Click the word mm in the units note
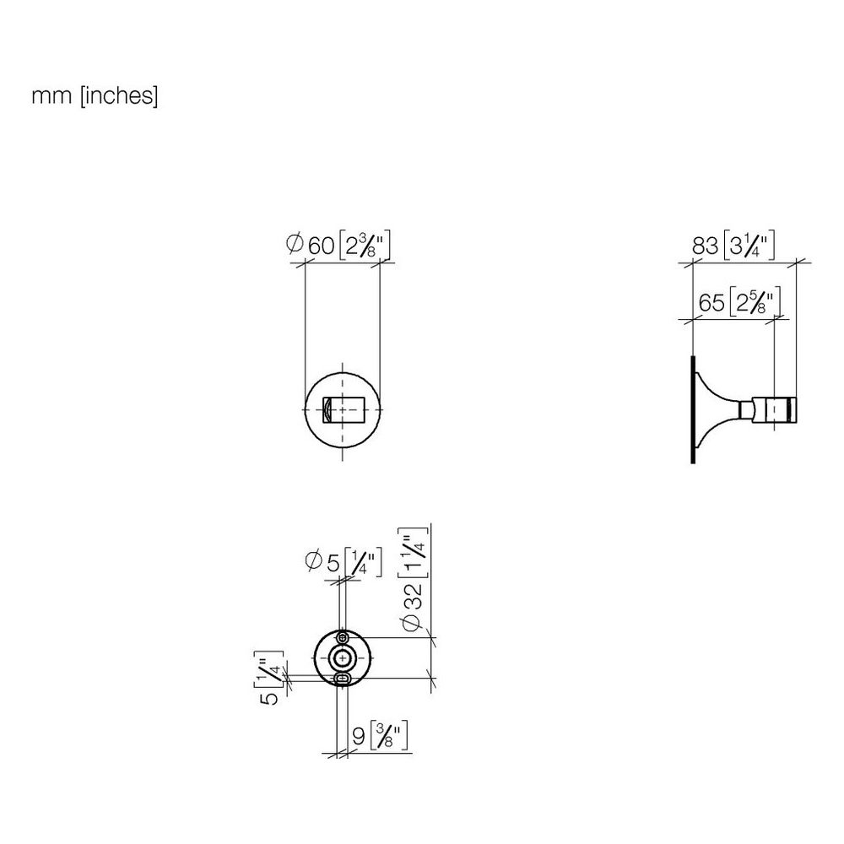point(51,96)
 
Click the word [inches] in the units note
point(119,96)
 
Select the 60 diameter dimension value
point(322,246)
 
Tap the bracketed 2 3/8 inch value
point(365,246)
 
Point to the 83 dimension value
point(705,246)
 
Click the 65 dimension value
point(711,302)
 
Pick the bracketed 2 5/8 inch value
point(755,302)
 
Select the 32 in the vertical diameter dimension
point(415,597)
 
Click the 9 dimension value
point(359,736)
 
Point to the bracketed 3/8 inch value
point(388,736)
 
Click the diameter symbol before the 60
point(294,244)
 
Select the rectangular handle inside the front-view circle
point(344,409)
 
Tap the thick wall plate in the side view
point(693,409)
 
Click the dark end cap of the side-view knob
point(793,409)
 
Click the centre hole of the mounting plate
point(343,657)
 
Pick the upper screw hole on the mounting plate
point(343,638)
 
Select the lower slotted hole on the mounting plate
point(343,679)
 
